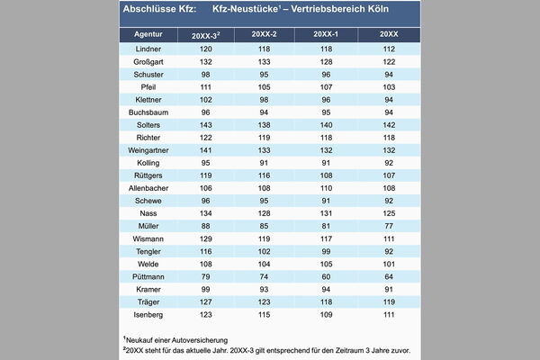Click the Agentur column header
(148, 34)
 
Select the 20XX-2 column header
(264, 34)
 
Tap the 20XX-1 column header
(326, 34)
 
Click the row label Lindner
(148, 49)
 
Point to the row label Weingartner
(148, 150)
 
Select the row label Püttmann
(148, 277)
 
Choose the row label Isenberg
(148, 315)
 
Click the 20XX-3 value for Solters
(206, 125)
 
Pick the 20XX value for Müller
(389, 226)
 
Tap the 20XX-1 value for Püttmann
(326, 277)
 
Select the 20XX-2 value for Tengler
(264, 251)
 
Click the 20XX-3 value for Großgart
(206, 62)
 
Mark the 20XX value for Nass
(389, 213)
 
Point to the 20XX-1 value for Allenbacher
(326, 188)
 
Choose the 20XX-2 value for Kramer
(264, 290)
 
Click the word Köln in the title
(378, 9)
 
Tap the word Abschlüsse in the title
(149, 9)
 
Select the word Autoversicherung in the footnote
(200, 340)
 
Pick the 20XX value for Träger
(389, 302)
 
